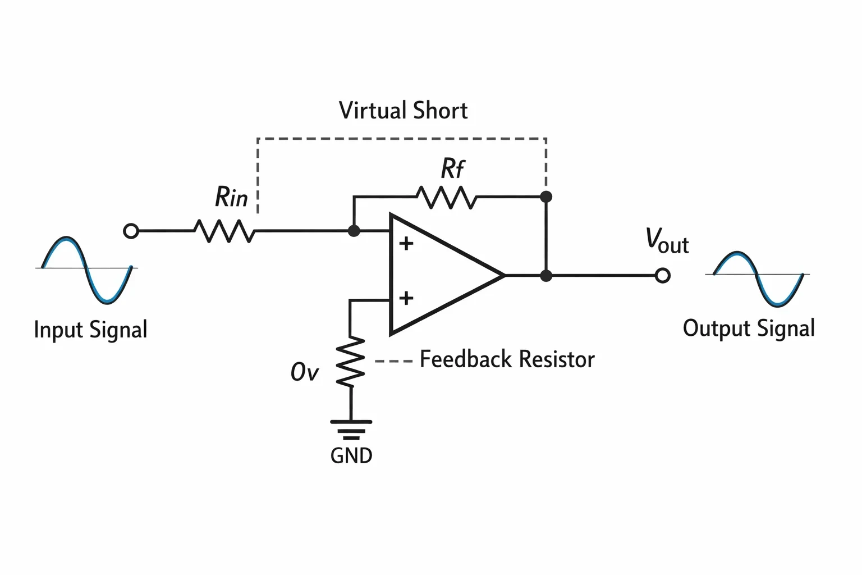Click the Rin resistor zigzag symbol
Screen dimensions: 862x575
pyautogui.click(x=224, y=231)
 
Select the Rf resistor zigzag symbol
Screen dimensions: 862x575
pyautogui.click(x=447, y=197)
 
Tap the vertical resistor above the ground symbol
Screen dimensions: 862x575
pyautogui.click(x=350, y=362)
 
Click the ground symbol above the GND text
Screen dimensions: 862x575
pyautogui.click(x=351, y=430)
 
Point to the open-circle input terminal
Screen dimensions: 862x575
pyautogui.click(x=131, y=231)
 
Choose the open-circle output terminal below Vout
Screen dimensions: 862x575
pyautogui.click(x=663, y=276)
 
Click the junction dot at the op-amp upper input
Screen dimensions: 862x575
pyautogui.click(x=354, y=231)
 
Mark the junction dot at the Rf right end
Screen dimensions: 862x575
pyautogui.click(x=546, y=197)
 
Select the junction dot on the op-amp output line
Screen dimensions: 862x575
pyautogui.click(x=546, y=276)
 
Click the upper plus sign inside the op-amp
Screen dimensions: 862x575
pyautogui.click(x=406, y=244)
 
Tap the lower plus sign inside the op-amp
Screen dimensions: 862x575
pyautogui.click(x=406, y=299)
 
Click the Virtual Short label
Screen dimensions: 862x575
pyautogui.click(x=403, y=111)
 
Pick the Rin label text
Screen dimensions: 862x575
pyautogui.click(x=231, y=197)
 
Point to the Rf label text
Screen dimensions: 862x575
pyautogui.click(x=452, y=168)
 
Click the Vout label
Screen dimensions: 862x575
pyautogui.click(x=667, y=241)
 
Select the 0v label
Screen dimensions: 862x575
pyautogui.click(x=304, y=372)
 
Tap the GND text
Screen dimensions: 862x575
pyautogui.click(x=351, y=455)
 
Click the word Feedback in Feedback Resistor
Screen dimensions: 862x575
pyautogui.click(x=466, y=359)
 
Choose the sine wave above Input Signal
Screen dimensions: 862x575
pyautogui.click(x=87, y=270)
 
